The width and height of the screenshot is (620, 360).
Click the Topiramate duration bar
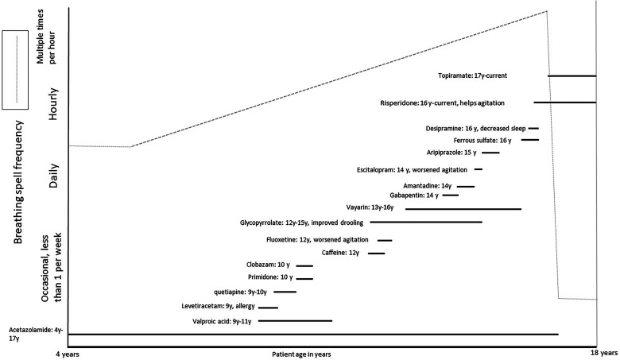point(572,75)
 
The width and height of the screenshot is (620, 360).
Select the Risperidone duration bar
point(564,103)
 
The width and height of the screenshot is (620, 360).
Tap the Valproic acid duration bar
point(295,321)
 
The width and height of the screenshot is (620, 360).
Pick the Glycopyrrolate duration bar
point(436,223)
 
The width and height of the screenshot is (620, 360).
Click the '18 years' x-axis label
point(604,351)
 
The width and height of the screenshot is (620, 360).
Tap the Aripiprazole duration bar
point(490,153)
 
